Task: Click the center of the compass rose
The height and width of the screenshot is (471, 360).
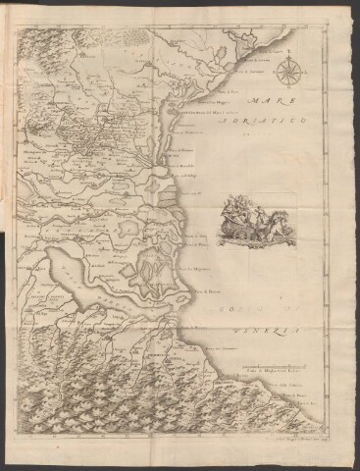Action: point(289,74)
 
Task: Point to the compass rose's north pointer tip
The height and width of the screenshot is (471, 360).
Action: point(289,56)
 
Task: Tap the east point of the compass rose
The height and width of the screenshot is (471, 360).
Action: point(304,74)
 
